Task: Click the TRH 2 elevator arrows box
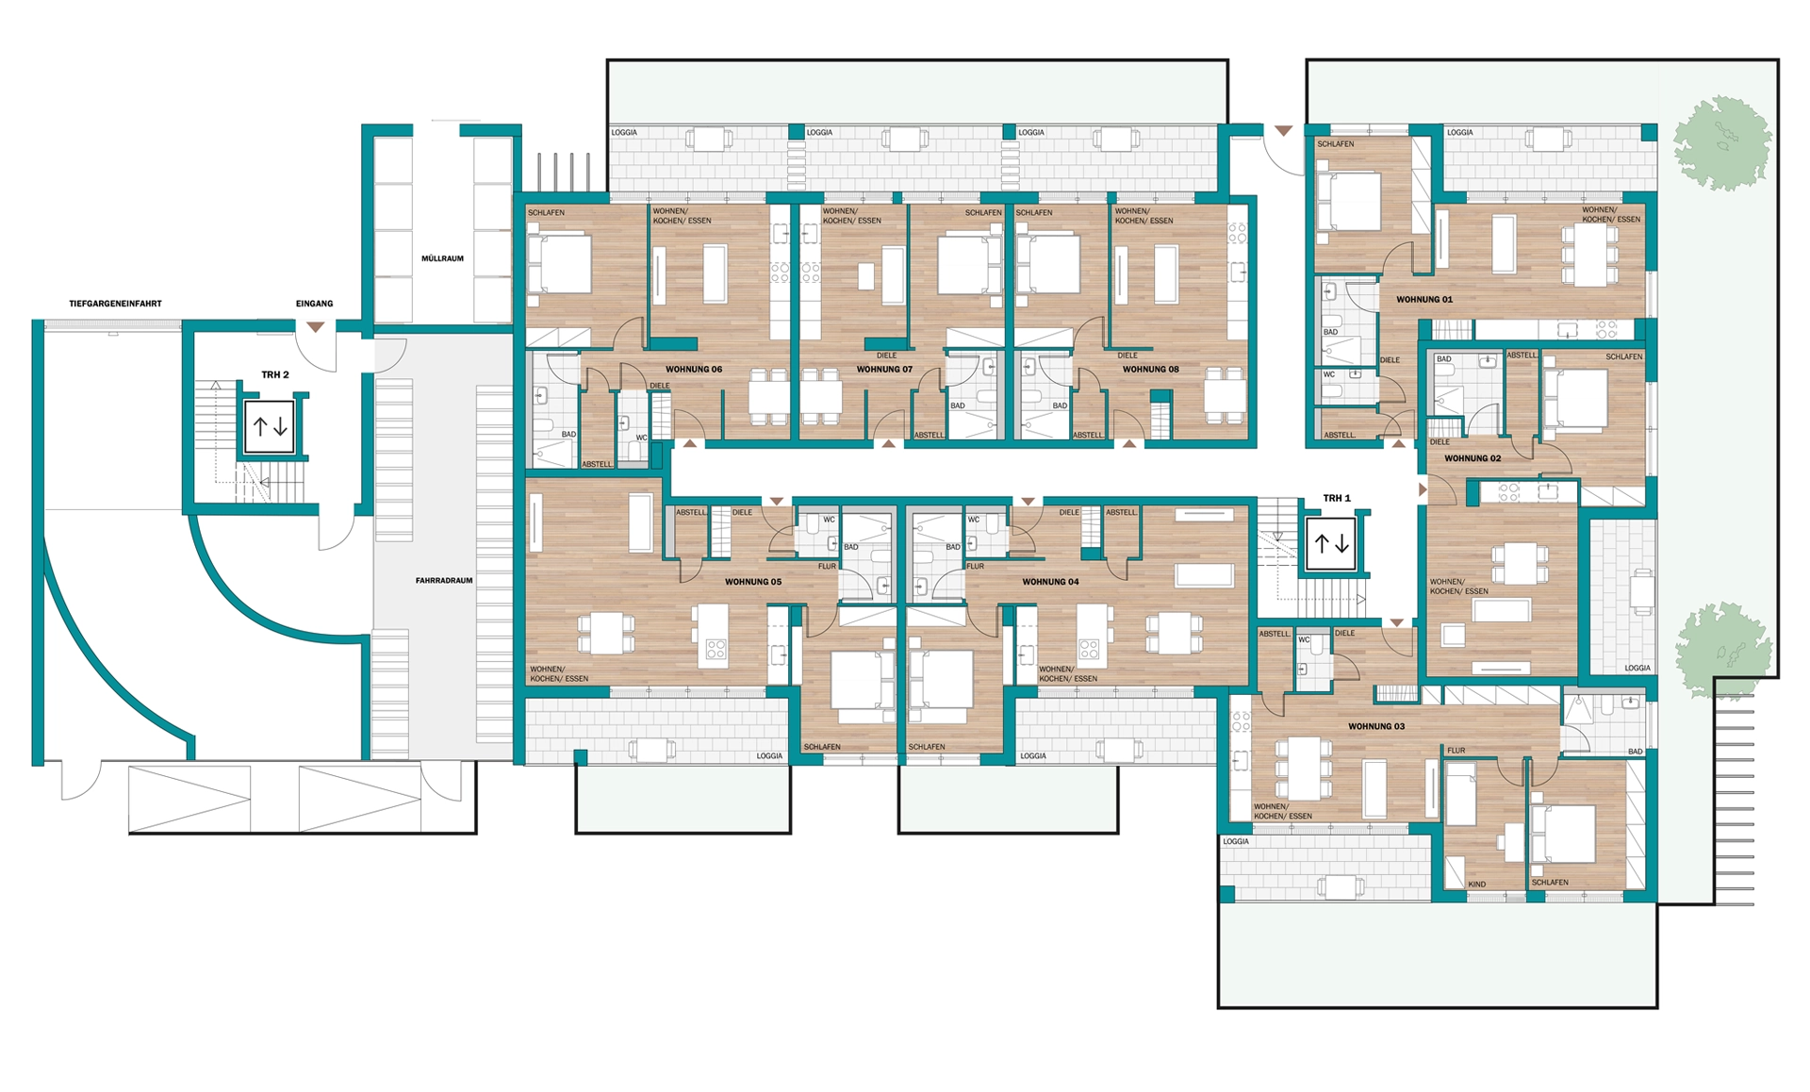click(x=271, y=427)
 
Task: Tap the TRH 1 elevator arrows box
click(x=1331, y=544)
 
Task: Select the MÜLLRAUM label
click(x=442, y=258)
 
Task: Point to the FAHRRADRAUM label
click(x=444, y=581)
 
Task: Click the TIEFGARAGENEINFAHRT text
click(x=115, y=304)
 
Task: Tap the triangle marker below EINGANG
click(x=315, y=326)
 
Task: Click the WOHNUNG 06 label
click(x=694, y=370)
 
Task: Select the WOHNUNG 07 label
click(x=884, y=370)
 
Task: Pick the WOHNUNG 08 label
click(x=1150, y=370)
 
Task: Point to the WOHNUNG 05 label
click(x=753, y=582)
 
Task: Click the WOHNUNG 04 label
click(x=1050, y=582)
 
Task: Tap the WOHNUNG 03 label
click(x=1376, y=727)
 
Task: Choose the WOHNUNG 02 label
click(x=1473, y=458)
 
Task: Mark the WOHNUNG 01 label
click(x=1424, y=300)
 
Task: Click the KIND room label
click(x=1477, y=885)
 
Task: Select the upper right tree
click(x=1722, y=143)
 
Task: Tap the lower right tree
click(x=1723, y=650)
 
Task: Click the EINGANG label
click(x=314, y=304)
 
